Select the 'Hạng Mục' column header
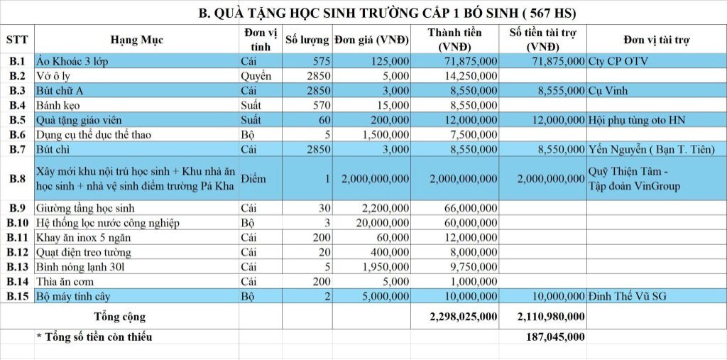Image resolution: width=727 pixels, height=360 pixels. click(x=136, y=40)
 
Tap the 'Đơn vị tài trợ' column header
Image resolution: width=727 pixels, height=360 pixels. click(x=656, y=40)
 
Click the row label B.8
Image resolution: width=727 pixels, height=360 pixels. click(x=17, y=179)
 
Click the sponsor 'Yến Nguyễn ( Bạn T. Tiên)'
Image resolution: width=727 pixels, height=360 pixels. click(x=651, y=149)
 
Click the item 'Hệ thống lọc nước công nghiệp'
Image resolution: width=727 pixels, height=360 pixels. click(x=107, y=223)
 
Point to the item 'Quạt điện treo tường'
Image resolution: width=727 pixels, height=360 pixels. click(x=83, y=252)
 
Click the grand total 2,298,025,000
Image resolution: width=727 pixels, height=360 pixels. click(x=463, y=317)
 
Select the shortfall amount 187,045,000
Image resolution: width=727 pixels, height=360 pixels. click(x=556, y=337)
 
